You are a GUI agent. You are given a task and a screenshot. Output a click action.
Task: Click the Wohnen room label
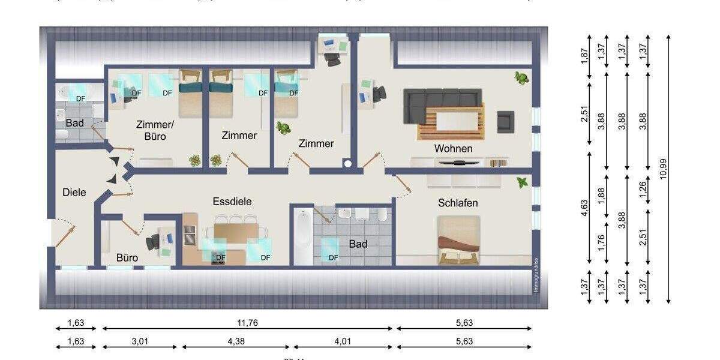point(454,148)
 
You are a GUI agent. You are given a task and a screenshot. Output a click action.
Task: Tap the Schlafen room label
point(458,203)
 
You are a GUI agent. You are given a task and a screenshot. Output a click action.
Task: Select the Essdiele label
point(232,202)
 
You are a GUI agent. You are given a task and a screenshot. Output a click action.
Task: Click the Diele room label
point(74,193)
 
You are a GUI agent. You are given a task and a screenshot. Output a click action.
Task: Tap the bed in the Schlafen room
point(459,241)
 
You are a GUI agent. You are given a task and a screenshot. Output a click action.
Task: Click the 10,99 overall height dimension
point(662,169)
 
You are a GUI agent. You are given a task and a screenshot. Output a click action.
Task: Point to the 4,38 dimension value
point(236,341)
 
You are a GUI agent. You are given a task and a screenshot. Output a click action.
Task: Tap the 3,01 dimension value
point(140,341)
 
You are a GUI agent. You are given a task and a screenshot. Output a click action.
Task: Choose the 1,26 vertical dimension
point(644,190)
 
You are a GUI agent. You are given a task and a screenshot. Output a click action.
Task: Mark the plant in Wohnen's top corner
point(521,77)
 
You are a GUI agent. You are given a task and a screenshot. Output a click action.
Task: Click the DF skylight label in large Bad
point(334,258)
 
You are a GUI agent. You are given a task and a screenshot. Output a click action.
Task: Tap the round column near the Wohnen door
point(347,163)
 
